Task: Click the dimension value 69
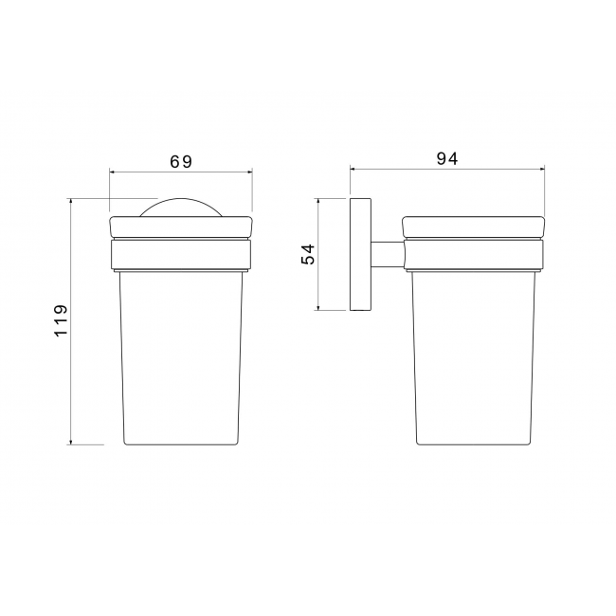tap(181, 161)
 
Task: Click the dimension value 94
tap(447, 158)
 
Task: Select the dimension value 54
tap(308, 254)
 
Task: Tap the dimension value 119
tap(61, 320)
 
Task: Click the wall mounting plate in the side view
tap(360, 254)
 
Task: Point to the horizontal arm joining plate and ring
tap(388, 255)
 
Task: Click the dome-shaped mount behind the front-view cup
tap(181, 208)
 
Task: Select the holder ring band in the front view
tap(181, 255)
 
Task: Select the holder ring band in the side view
tap(474, 255)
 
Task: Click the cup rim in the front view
tap(181, 226)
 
